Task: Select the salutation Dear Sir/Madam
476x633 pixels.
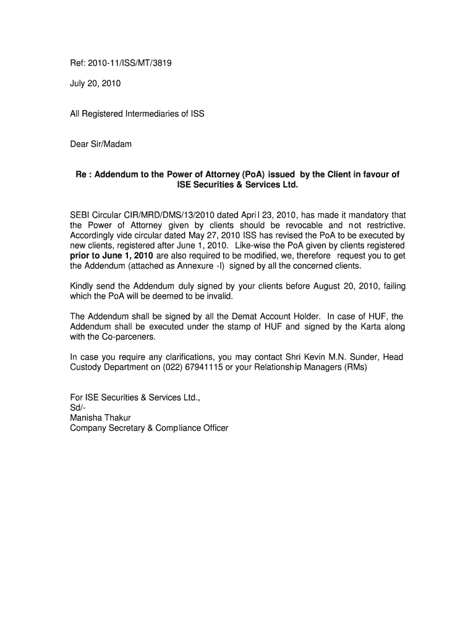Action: pyautogui.click(x=101, y=144)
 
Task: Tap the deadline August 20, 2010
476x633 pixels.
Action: pyautogui.click(x=346, y=286)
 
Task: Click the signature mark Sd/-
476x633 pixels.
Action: pyautogui.click(x=79, y=407)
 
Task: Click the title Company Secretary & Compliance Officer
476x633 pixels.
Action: pyautogui.click(x=149, y=428)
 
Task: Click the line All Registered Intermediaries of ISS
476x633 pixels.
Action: pyautogui.click(x=137, y=114)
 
